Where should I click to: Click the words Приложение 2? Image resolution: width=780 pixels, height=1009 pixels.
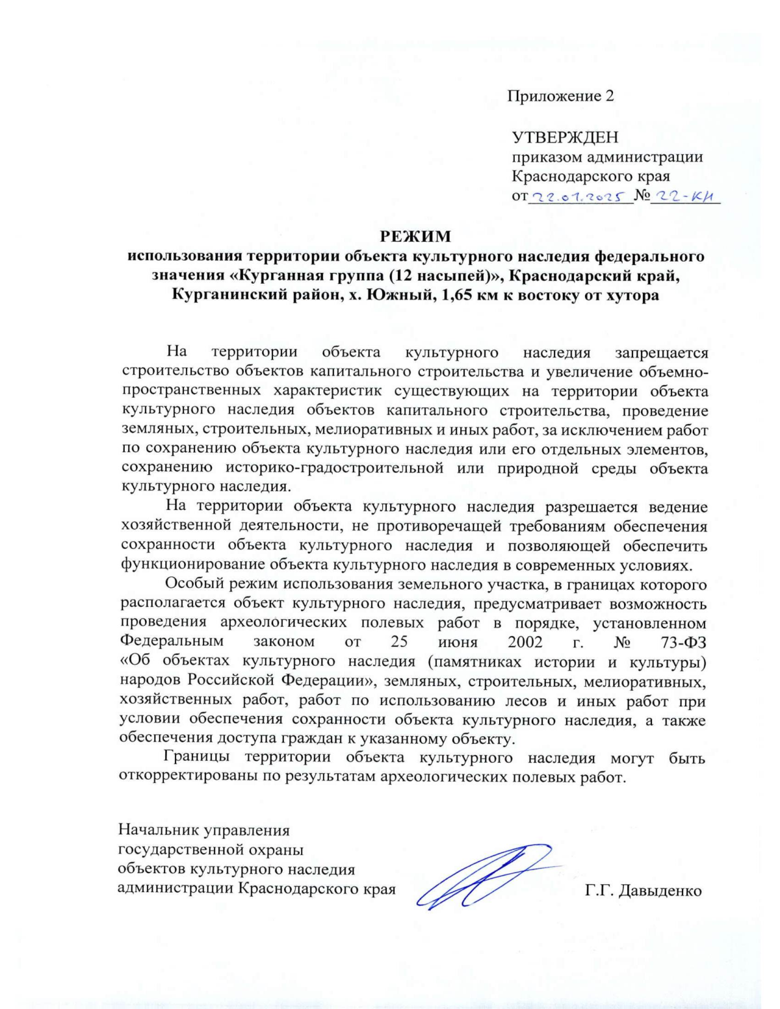(560, 96)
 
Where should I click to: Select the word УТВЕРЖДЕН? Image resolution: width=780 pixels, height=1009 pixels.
(565, 138)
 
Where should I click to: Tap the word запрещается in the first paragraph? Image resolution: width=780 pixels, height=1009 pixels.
(661, 353)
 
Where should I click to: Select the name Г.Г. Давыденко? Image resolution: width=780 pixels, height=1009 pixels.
(643, 891)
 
